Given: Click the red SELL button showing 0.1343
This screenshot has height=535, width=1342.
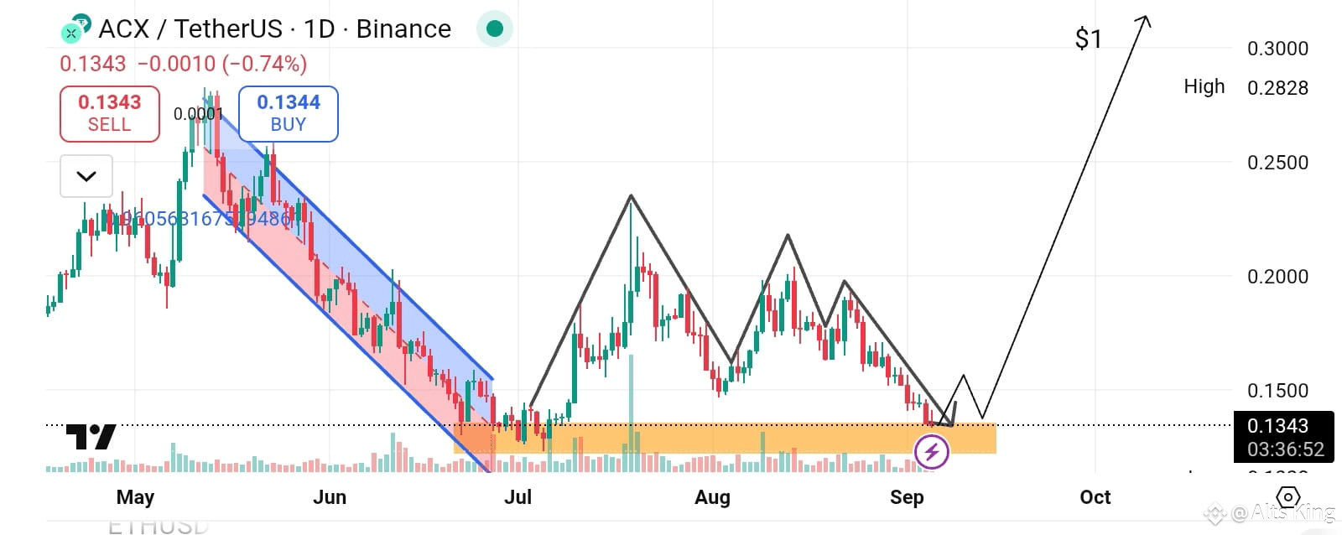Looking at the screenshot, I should pyautogui.click(x=109, y=113).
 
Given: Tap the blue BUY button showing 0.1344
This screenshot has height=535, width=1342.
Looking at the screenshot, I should pyautogui.click(x=288, y=113).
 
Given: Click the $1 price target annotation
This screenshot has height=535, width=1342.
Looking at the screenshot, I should pyautogui.click(x=1088, y=39).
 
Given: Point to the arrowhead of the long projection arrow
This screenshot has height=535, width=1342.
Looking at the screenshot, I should pyautogui.click(x=1144, y=18).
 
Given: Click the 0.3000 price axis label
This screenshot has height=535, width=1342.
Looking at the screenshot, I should pyautogui.click(x=1277, y=49).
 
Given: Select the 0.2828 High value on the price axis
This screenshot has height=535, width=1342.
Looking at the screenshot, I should pyautogui.click(x=1277, y=88).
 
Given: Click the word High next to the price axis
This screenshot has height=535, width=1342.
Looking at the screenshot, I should pyautogui.click(x=1204, y=86).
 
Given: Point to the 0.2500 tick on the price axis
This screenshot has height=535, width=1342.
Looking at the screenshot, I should pyautogui.click(x=1277, y=163).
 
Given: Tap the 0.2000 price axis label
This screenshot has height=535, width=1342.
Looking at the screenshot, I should pyautogui.click(x=1277, y=277).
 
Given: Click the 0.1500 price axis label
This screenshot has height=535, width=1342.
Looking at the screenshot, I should pyautogui.click(x=1277, y=391).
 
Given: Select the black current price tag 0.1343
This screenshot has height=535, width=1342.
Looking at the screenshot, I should pyautogui.click(x=1277, y=426).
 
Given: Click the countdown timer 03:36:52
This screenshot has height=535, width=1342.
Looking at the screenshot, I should pyautogui.click(x=1284, y=449).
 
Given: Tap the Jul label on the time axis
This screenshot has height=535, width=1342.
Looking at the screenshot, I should pyautogui.click(x=518, y=497).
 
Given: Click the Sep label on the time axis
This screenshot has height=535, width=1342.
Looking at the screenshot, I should pyautogui.click(x=906, y=497).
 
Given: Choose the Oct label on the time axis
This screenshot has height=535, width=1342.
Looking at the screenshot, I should pyautogui.click(x=1095, y=497).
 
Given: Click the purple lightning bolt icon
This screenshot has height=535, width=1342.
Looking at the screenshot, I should pyautogui.click(x=931, y=453).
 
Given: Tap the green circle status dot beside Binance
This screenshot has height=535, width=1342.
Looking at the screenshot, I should pyautogui.click(x=494, y=29).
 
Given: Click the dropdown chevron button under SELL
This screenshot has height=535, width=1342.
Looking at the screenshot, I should pyautogui.click(x=86, y=176).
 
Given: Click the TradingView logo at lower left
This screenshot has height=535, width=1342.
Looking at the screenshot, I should pyautogui.click(x=91, y=437).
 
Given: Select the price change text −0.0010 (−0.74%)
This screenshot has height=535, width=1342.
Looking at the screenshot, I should pyautogui.click(x=222, y=64).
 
